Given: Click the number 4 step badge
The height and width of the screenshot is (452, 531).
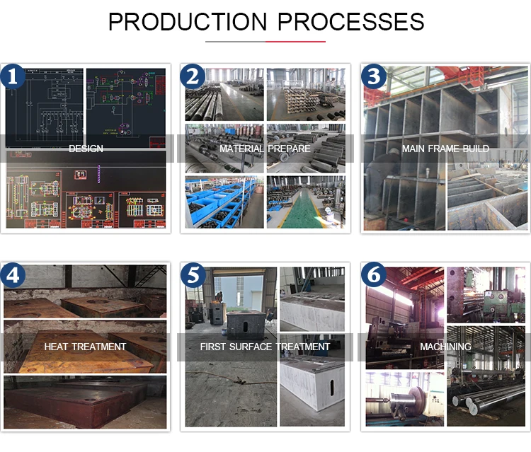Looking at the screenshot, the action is (x=12, y=275).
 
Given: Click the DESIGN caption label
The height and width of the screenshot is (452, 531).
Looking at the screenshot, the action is (x=86, y=149).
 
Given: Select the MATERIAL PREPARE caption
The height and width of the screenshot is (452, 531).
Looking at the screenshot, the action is (x=265, y=149).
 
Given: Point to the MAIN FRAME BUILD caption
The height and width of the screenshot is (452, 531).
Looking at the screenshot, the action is (x=445, y=149).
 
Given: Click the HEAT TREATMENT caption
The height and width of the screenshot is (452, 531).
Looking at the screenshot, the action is (x=85, y=347).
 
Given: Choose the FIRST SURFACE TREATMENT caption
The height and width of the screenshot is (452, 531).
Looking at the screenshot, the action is (x=265, y=347).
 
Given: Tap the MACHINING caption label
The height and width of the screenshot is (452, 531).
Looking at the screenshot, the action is (x=445, y=347).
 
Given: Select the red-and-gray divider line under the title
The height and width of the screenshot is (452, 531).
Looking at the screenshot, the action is (x=265, y=41).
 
